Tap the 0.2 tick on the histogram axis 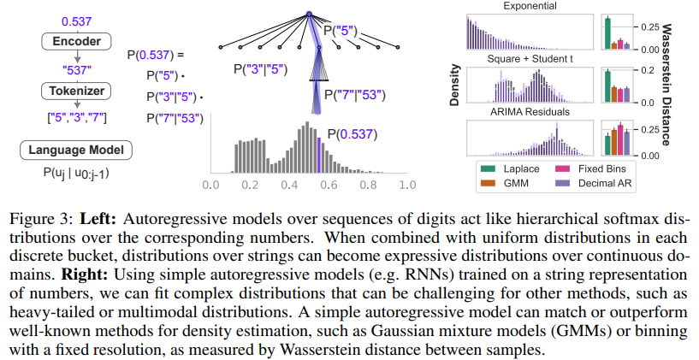tap(249, 184)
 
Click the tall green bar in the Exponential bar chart tap(607, 32)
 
